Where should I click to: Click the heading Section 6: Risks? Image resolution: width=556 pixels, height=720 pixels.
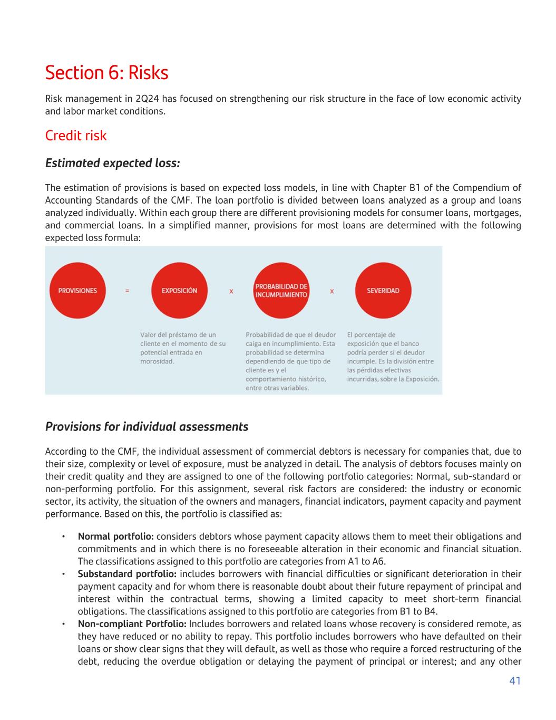point(106,73)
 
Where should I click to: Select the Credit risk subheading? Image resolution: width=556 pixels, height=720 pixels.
point(76,136)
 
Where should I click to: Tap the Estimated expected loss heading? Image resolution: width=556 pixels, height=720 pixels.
point(113,163)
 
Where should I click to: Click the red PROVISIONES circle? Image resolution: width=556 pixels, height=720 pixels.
point(77,291)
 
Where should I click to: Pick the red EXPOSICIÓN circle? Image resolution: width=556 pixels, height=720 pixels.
point(179,291)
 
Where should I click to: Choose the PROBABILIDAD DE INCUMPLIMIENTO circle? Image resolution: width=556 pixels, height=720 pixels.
point(281,291)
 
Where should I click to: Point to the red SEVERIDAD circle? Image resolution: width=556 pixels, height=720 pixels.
point(383,291)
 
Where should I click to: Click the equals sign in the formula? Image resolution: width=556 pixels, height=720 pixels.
point(127,291)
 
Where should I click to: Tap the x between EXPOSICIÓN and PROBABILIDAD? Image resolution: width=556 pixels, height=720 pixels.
point(231,291)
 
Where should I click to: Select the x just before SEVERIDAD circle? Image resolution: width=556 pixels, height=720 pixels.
point(331,291)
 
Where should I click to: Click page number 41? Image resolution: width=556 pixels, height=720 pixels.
point(515,681)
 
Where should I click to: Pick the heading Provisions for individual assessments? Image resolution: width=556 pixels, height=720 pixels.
point(147,427)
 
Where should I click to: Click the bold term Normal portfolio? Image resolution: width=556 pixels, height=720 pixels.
point(115,536)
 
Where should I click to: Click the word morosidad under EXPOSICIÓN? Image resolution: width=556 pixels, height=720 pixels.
point(157,361)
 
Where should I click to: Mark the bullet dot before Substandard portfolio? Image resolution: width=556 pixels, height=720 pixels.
point(63,574)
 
